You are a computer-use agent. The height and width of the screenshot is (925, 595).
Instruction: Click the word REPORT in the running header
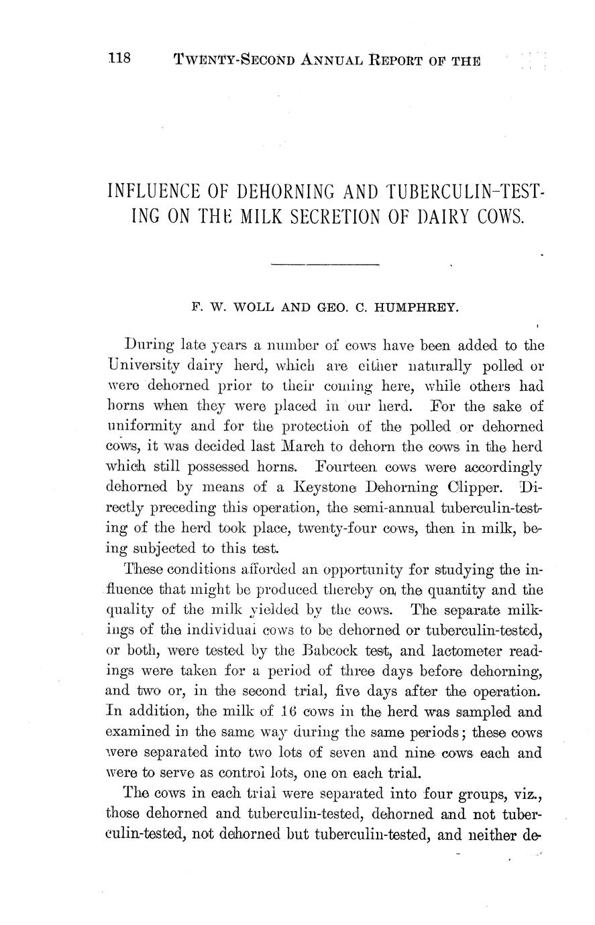point(392,60)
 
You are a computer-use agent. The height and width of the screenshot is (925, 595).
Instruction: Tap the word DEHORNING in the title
point(286,193)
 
